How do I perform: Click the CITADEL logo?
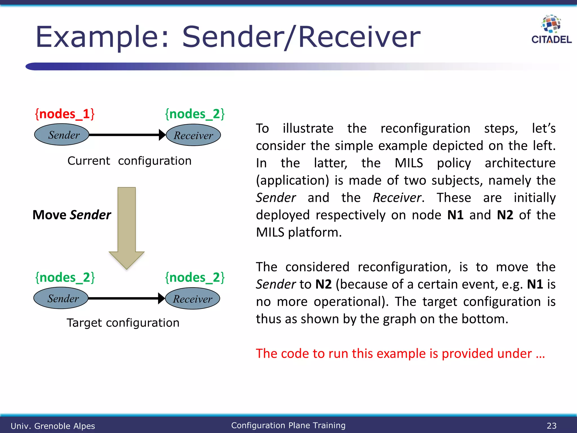click(x=551, y=30)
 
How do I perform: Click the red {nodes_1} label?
click(x=65, y=114)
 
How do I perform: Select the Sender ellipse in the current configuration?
click(x=62, y=135)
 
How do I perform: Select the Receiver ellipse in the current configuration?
click(x=193, y=135)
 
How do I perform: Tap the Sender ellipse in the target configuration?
click(x=61, y=298)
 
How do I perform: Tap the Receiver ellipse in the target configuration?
click(x=192, y=299)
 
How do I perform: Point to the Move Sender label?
click(x=72, y=215)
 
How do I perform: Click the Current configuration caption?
click(x=129, y=161)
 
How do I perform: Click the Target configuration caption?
click(x=123, y=323)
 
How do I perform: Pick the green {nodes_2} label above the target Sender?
click(x=65, y=278)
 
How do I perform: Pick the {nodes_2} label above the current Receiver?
click(x=195, y=114)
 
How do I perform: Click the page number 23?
click(x=551, y=426)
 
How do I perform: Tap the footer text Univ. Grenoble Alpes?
click(x=53, y=426)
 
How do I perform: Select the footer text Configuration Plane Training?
click(x=288, y=425)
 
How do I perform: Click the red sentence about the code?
click(x=400, y=354)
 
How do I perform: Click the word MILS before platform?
click(x=270, y=233)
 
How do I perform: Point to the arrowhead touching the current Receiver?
click(x=162, y=135)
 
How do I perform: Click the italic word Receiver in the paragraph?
click(x=397, y=198)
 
